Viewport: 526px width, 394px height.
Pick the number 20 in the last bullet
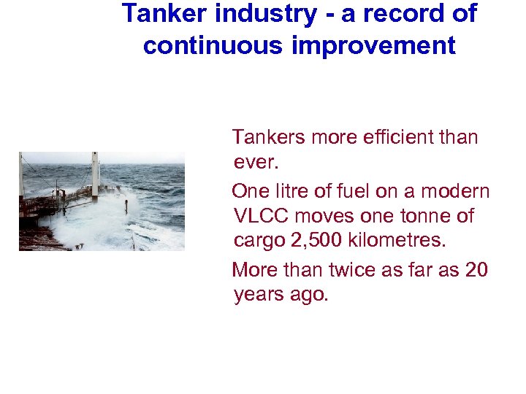(x=476, y=270)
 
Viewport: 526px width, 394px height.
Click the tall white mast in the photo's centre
(x=95, y=175)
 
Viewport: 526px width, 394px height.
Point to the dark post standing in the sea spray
(x=126, y=206)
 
